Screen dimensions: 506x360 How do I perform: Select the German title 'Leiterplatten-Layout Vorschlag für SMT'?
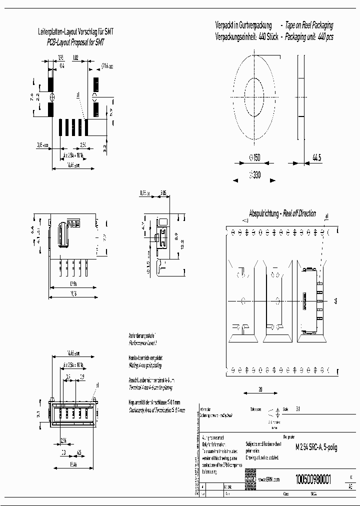tap(76, 31)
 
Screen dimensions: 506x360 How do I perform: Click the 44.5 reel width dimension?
tap(317, 158)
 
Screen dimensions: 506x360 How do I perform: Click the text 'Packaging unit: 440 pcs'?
tap(309, 37)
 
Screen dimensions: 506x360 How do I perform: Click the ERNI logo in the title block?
tap(250, 479)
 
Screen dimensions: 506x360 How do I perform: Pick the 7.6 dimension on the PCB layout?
tap(31, 97)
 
